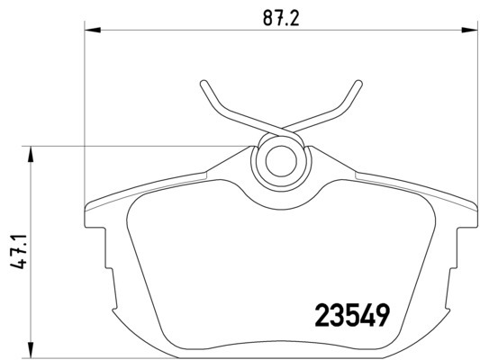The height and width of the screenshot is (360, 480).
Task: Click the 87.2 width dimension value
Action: (x=281, y=19)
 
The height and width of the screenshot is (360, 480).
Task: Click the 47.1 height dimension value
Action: (x=18, y=251)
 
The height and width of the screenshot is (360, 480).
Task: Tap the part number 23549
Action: (x=352, y=315)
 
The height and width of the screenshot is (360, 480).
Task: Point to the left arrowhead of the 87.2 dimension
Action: (x=93, y=30)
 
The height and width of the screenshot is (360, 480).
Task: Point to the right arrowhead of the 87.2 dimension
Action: (x=469, y=30)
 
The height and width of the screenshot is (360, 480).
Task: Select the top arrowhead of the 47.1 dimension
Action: (x=30, y=154)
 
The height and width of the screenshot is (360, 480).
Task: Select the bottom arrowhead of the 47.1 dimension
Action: (x=30, y=349)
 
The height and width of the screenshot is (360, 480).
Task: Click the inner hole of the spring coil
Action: (x=281, y=161)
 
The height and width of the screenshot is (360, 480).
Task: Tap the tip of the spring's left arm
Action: (x=204, y=83)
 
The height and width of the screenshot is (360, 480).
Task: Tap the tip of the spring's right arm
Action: (x=358, y=83)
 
